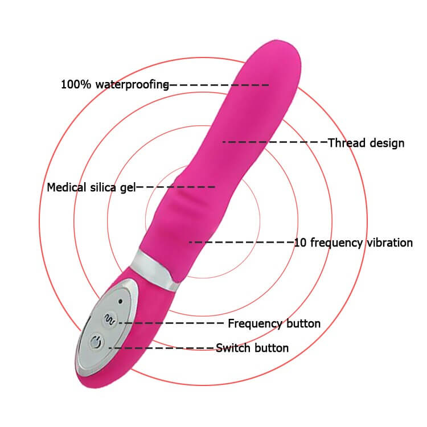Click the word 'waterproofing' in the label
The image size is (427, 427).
tap(132, 85)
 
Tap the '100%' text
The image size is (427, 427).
tap(76, 84)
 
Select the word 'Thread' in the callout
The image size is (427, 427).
tap(346, 143)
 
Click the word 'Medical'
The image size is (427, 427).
tap(67, 187)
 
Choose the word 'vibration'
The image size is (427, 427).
tap(389, 243)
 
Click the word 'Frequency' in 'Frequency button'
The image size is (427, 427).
tap(255, 324)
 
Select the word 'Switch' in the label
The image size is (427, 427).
tap(233, 348)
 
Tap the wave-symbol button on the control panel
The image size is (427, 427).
tap(109, 319)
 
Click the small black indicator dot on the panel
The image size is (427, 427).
tap(120, 301)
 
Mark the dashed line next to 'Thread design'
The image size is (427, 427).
tap(275, 142)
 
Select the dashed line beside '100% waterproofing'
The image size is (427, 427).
tap(219, 85)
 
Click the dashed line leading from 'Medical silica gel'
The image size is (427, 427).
tap(176, 187)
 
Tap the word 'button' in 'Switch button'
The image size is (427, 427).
tap(272, 348)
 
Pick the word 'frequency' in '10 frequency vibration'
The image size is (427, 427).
tap(336, 243)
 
